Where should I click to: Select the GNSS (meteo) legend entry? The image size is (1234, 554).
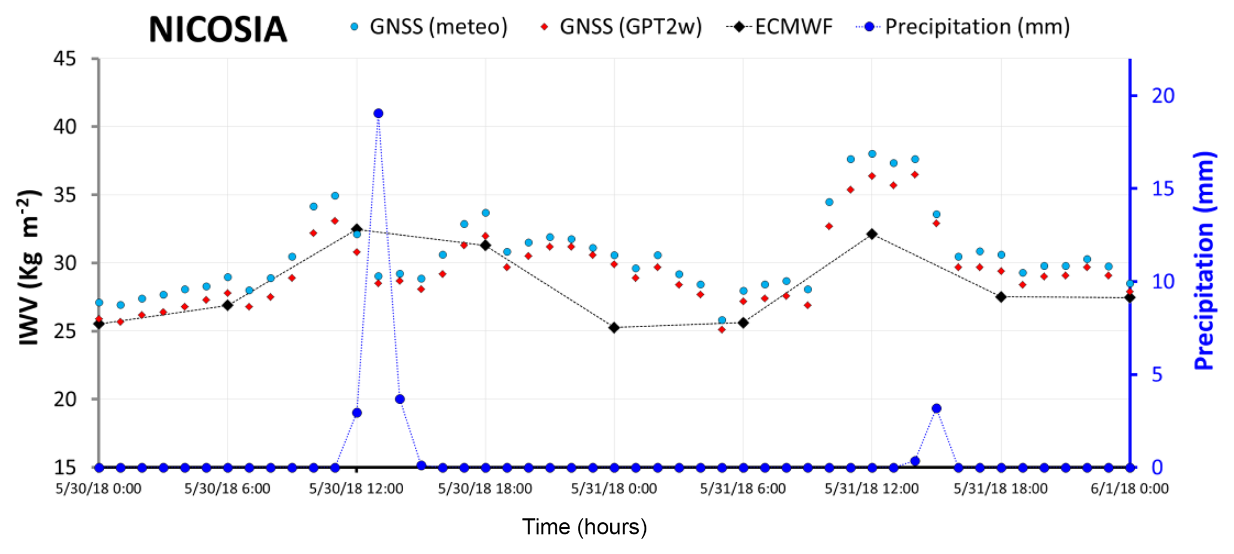click(x=429, y=27)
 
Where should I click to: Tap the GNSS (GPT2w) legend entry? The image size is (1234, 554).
click(x=621, y=27)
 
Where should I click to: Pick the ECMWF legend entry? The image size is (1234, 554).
click(x=780, y=27)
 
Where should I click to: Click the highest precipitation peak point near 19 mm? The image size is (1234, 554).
click(x=378, y=113)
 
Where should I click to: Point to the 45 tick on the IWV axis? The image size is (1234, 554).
click(x=65, y=59)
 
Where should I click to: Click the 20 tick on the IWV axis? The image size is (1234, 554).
click(x=65, y=399)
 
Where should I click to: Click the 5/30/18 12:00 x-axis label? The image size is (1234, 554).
click(x=356, y=489)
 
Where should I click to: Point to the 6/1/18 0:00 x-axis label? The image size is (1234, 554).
click(x=1130, y=489)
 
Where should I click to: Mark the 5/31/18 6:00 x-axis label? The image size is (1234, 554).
click(x=743, y=489)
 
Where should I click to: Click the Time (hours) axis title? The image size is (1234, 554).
click(x=584, y=527)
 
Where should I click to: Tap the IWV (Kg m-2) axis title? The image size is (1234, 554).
click(x=29, y=267)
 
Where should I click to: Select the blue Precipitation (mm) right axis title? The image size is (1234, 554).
click(x=1205, y=261)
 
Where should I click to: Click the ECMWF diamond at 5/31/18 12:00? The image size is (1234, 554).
click(x=872, y=234)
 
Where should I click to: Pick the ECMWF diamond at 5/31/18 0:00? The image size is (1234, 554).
click(x=614, y=328)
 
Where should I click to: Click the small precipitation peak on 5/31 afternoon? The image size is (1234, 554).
click(x=936, y=408)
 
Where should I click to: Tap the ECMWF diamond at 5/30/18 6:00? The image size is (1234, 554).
click(x=227, y=305)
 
